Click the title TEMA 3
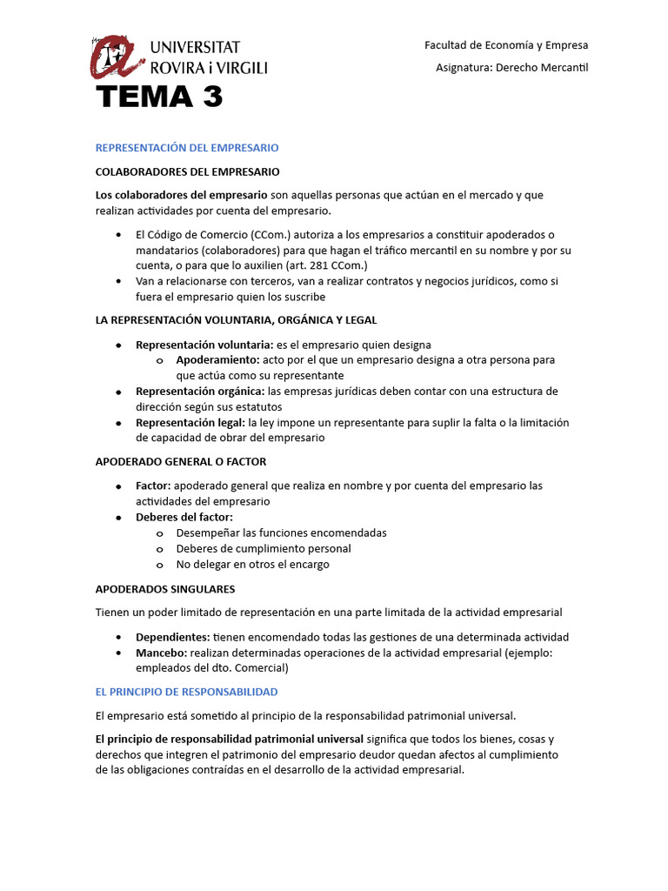click(x=159, y=98)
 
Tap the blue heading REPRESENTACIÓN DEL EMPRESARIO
click(x=186, y=148)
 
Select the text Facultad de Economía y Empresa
click(x=505, y=44)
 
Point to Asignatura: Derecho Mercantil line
click(x=511, y=68)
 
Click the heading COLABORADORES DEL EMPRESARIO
click(x=187, y=171)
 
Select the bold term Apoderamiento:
click(x=217, y=360)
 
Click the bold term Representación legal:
click(x=190, y=423)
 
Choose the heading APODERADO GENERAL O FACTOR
click(x=181, y=461)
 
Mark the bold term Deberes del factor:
click(x=184, y=517)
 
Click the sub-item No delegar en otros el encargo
click(x=252, y=564)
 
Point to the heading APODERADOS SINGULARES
click(x=164, y=589)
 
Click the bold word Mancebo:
click(x=161, y=653)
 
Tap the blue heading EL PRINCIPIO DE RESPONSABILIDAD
click(x=186, y=692)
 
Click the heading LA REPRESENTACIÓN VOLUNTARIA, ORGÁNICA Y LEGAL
click(x=236, y=320)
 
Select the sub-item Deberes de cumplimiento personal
click(x=264, y=548)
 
